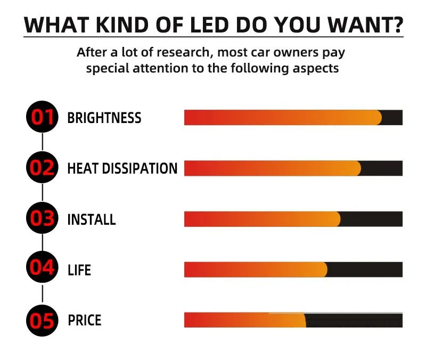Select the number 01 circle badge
[x=42, y=118]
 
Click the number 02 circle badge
[x=42, y=168]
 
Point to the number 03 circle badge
[x=42, y=219]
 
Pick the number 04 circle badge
[x=42, y=269]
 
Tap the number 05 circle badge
[x=42, y=321]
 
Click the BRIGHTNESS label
[x=104, y=118]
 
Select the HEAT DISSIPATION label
[x=122, y=169]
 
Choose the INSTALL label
[x=91, y=219]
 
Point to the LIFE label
[x=79, y=270]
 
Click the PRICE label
[x=84, y=321]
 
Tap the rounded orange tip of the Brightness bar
[x=376, y=118]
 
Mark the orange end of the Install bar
[x=335, y=219]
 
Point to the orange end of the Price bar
[x=301, y=320]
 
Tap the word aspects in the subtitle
[x=317, y=69]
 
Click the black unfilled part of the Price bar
[x=354, y=321]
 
